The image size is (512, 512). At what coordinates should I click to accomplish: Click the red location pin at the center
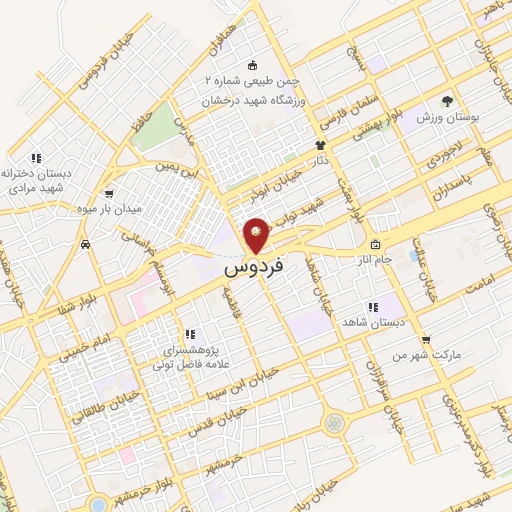pyautogui.click(x=256, y=235)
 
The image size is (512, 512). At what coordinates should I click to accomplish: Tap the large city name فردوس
pyautogui.click(x=254, y=268)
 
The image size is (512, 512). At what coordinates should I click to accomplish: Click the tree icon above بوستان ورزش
pyautogui.click(x=447, y=101)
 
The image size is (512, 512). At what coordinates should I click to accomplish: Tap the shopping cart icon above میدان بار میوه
pyautogui.click(x=108, y=194)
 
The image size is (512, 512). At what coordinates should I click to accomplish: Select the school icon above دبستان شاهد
pyautogui.click(x=372, y=307)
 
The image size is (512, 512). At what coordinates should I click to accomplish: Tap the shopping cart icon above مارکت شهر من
pyautogui.click(x=425, y=340)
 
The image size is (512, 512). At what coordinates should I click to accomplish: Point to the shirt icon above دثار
pyautogui.click(x=319, y=146)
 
